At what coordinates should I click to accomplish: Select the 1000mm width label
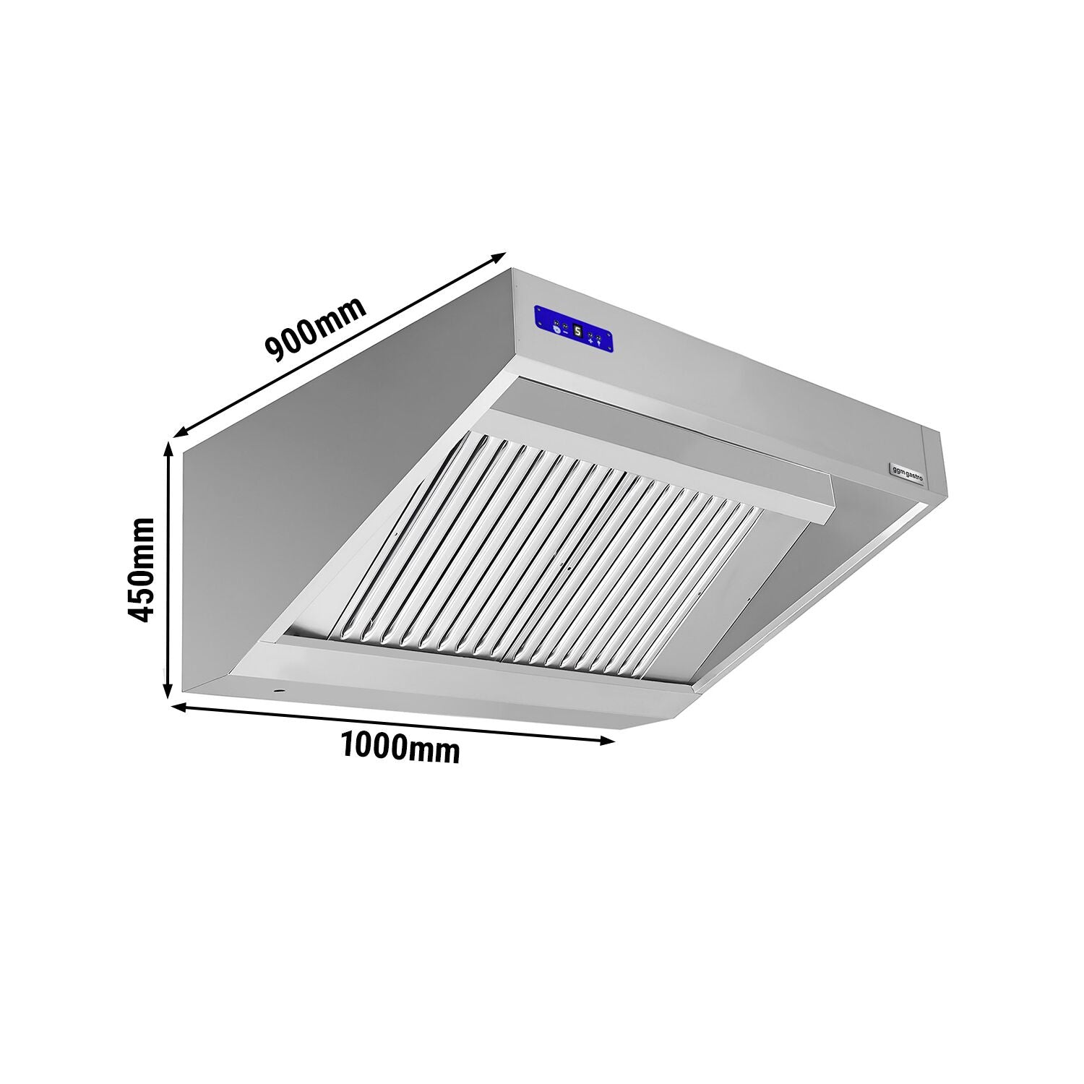coord(399,748)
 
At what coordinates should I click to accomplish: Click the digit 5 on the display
coord(577,330)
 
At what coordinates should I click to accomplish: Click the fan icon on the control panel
coord(555,330)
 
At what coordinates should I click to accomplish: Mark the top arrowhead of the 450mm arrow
coord(169,448)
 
